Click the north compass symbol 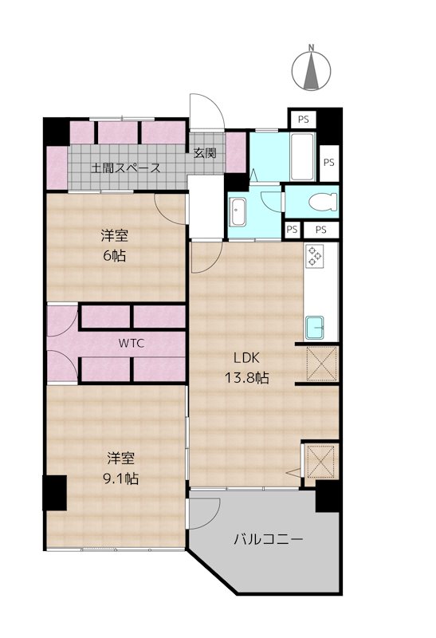click(312, 69)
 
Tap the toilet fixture click(323, 202)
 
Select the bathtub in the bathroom click(303, 156)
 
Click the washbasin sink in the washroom click(238, 211)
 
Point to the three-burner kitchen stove click(315, 256)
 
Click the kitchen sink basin click(315, 328)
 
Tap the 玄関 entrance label click(205, 153)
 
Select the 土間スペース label click(126, 167)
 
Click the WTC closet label click(132, 343)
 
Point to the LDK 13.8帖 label click(246, 368)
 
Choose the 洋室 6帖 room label click(114, 246)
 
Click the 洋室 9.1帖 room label click(121, 468)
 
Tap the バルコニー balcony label click(268, 540)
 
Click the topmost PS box click(303, 119)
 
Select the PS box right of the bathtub click(329, 163)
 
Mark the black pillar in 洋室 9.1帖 click(54, 493)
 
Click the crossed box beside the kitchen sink click(322, 364)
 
